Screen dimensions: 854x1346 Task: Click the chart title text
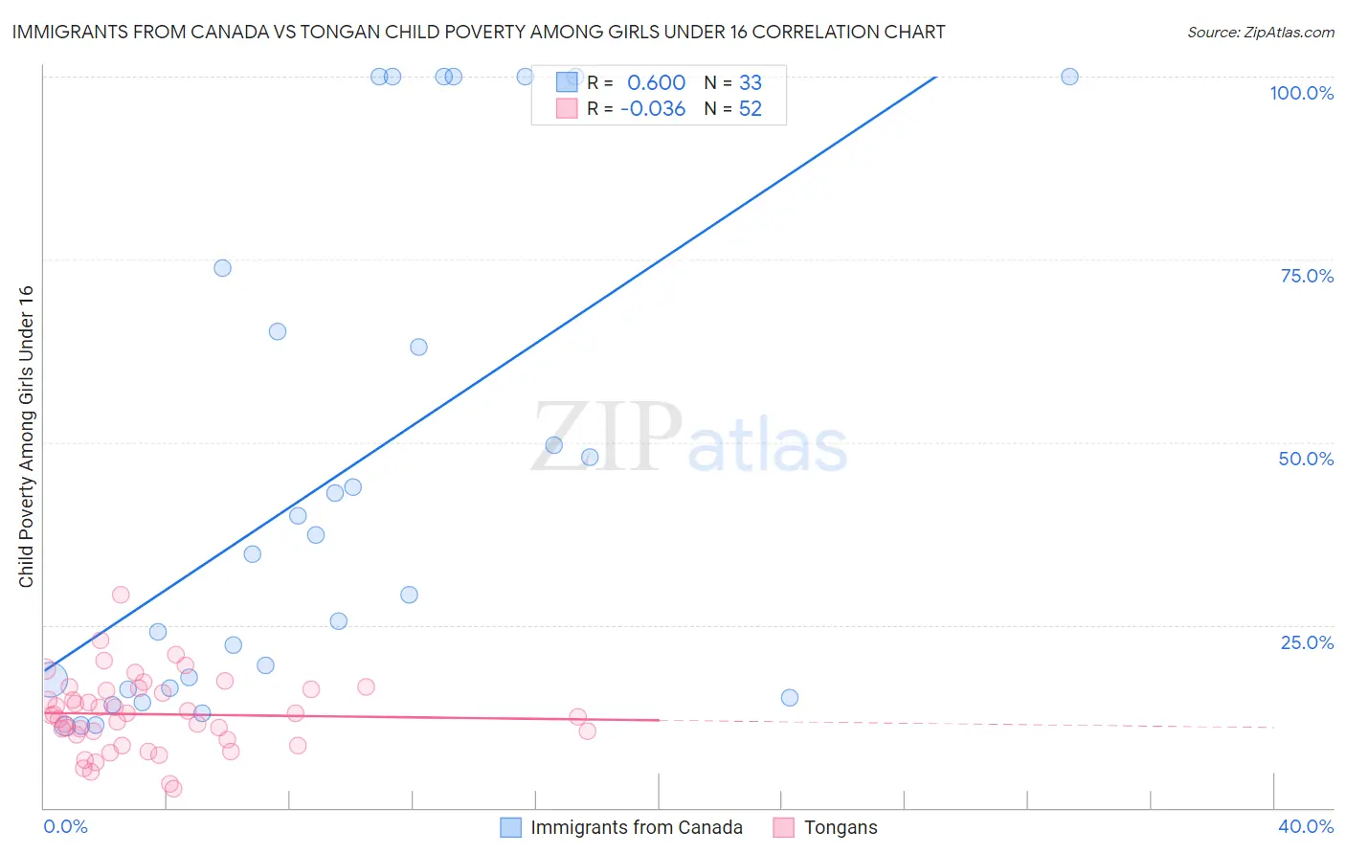[479, 32]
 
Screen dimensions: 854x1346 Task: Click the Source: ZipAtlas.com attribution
[1260, 32]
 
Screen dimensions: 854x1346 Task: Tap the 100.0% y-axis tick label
[1301, 93]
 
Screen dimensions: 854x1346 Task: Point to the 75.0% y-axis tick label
[1307, 276]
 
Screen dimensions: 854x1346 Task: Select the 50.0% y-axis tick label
[1306, 459]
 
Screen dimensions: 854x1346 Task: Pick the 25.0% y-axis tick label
[1307, 642]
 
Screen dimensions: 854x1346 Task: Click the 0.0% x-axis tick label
[65, 826]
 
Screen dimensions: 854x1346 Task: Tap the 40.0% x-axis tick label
[1306, 826]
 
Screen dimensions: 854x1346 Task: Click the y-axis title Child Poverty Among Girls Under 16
[26, 437]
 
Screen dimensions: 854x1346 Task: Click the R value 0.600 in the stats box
[656, 83]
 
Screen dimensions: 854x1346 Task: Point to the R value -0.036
[653, 109]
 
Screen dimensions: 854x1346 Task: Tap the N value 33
[751, 83]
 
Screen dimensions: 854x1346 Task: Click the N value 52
[751, 109]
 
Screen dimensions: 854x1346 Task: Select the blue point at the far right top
[1069, 77]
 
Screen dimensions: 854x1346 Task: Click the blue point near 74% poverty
[222, 268]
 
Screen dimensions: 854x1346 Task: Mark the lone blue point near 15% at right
[789, 697]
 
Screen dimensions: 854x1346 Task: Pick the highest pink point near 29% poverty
[121, 595]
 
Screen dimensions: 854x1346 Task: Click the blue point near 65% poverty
[278, 331]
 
